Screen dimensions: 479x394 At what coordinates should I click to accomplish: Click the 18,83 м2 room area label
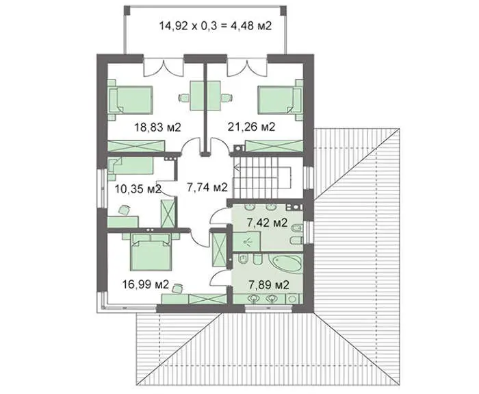coord(158,127)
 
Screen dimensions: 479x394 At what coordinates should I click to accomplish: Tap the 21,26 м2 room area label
coord(251,126)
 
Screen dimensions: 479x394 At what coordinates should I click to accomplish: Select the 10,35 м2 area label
coord(138,188)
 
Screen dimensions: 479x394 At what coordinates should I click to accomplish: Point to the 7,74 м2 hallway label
coord(207,187)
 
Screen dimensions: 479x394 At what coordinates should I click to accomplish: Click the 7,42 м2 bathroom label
coord(267,223)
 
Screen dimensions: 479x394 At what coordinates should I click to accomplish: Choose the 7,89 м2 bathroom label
coord(268,285)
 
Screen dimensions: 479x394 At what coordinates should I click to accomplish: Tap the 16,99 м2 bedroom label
coord(146,284)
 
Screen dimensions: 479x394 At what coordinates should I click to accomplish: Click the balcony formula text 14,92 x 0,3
coord(188,26)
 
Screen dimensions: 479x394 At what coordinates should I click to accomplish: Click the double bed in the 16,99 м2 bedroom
coord(151,252)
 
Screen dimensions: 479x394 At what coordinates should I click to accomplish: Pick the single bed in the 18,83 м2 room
coord(131,100)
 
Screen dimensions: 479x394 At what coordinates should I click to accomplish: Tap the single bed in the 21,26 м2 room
coord(280,100)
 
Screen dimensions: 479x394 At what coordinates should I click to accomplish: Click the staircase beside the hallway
coord(262,177)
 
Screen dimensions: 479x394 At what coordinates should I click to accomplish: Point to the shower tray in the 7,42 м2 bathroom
coord(246,241)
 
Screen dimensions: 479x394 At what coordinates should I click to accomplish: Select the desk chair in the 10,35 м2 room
coord(124,210)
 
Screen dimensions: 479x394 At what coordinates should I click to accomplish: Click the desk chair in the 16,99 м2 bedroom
coord(177,288)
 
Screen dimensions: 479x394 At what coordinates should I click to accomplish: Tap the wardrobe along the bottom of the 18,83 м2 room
coord(136,146)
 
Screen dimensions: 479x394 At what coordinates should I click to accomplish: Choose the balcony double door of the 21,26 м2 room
coord(247,67)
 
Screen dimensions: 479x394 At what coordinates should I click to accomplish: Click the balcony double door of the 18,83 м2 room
coord(164,67)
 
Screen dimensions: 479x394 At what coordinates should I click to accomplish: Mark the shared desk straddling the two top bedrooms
coord(205,96)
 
